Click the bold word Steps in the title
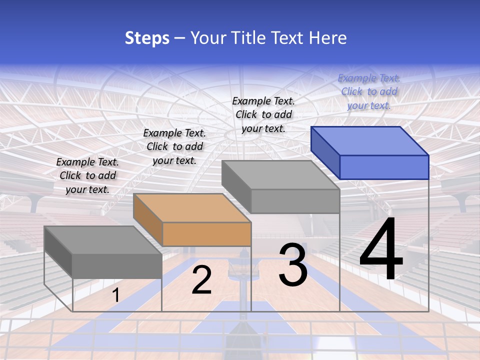(x=147, y=38)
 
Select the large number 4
(x=381, y=250)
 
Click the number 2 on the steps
(x=201, y=280)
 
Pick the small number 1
(x=115, y=295)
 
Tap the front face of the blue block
(x=384, y=167)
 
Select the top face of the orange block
(x=192, y=208)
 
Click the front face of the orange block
(x=206, y=234)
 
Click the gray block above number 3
(x=295, y=200)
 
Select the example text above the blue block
(x=369, y=91)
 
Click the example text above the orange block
(x=174, y=146)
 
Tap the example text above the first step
(x=87, y=175)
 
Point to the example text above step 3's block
(x=263, y=114)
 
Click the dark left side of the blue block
(x=325, y=152)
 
